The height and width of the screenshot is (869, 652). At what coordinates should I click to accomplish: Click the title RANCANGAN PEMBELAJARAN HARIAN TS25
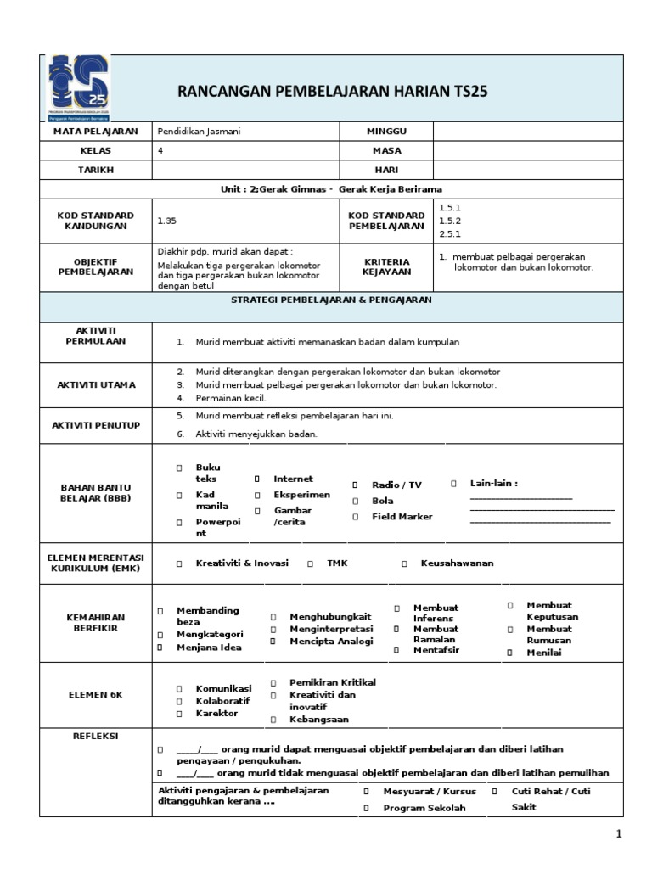point(333,92)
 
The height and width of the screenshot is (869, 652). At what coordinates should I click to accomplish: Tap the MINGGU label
point(386,132)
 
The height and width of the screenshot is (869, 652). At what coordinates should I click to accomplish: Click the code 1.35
point(166,221)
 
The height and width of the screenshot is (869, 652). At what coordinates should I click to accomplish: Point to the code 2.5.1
point(449,233)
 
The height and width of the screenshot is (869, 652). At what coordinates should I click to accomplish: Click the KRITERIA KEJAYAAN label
point(386,266)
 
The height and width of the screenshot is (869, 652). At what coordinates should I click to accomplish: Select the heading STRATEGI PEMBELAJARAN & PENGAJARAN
point(332,300)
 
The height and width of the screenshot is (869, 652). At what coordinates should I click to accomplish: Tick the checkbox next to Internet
point(256,479)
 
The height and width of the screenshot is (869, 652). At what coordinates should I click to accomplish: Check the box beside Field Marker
point(355,517)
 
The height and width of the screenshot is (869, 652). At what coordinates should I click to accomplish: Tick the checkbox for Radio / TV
point(355,485)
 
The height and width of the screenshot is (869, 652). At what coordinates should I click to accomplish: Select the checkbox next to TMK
point(311,563)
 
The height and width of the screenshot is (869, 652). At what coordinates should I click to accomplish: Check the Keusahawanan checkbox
point(404,563)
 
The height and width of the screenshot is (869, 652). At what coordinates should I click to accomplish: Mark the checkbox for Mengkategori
point(159,635)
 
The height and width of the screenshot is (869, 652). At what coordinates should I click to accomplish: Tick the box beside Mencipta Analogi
point(273,642)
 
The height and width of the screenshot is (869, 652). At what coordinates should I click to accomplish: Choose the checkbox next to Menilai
point(510,653)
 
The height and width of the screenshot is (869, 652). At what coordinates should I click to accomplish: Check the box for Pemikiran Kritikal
point(273,682)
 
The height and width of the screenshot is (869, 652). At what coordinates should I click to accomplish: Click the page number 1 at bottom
point(619,835)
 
